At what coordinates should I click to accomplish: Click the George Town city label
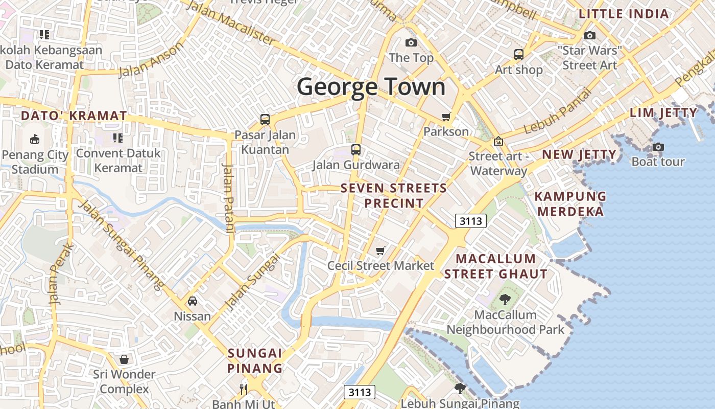371,86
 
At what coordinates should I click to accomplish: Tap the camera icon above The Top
411,42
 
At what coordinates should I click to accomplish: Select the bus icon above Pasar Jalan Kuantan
265,120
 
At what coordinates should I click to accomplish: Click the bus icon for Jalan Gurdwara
356,150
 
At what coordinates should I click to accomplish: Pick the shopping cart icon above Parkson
446,117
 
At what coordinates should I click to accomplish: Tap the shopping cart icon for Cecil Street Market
380,250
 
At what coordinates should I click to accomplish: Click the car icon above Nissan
193,301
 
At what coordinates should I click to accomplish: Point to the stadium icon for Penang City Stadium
34,139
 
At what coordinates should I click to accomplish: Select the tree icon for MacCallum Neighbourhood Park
505,300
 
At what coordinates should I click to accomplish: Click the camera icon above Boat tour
658,147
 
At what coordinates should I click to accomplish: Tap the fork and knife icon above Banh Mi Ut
244,389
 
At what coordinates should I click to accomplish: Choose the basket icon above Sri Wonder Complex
124,359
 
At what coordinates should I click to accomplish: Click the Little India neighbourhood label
624,14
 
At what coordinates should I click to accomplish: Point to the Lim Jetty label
663,112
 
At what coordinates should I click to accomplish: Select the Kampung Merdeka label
570,203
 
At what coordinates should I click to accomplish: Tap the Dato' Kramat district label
74,116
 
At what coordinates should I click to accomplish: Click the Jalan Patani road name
228,197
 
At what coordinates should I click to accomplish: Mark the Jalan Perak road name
60,275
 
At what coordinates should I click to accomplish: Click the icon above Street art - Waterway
498,141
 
